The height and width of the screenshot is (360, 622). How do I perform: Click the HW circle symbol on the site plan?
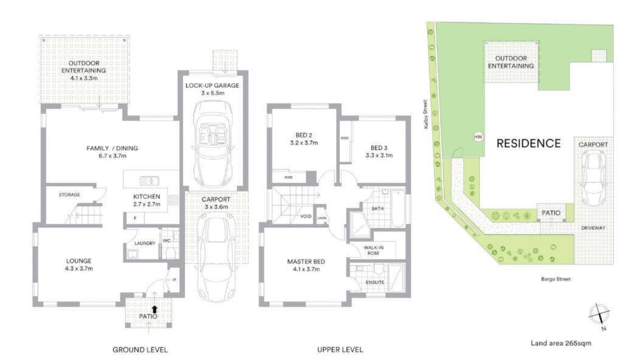(x=479, y=137)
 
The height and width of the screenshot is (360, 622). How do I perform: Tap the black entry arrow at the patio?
(x=154, y=308)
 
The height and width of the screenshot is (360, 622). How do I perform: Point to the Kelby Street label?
(x=425, y=112)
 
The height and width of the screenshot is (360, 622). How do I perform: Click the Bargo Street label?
(x=556, y=279)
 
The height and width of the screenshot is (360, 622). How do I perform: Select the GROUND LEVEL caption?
(x=140, y=350)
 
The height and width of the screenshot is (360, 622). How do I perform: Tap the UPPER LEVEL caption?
(x=340, y=350)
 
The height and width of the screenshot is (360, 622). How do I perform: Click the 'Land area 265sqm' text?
(x=561, y=343)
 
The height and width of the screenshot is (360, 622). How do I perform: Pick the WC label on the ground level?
(x=167, y=241)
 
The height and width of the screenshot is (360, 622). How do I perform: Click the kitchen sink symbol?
(x=149, y=181)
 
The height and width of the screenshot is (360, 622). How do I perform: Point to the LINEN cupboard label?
(x=322, y=218)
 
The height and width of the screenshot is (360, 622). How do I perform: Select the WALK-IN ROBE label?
(x=374, y=250)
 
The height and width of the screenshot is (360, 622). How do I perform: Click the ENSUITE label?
(x=375, y=282)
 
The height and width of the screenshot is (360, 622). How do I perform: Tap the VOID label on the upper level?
(x=306, y=216)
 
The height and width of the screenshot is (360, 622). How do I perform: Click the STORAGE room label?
(x=69, y=195)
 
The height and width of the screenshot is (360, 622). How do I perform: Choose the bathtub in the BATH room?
(x=398, y=209)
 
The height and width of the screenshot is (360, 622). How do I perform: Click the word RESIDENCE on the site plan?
(x=529, y=144)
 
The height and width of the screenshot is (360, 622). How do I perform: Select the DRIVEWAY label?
(x=593, y=228)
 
